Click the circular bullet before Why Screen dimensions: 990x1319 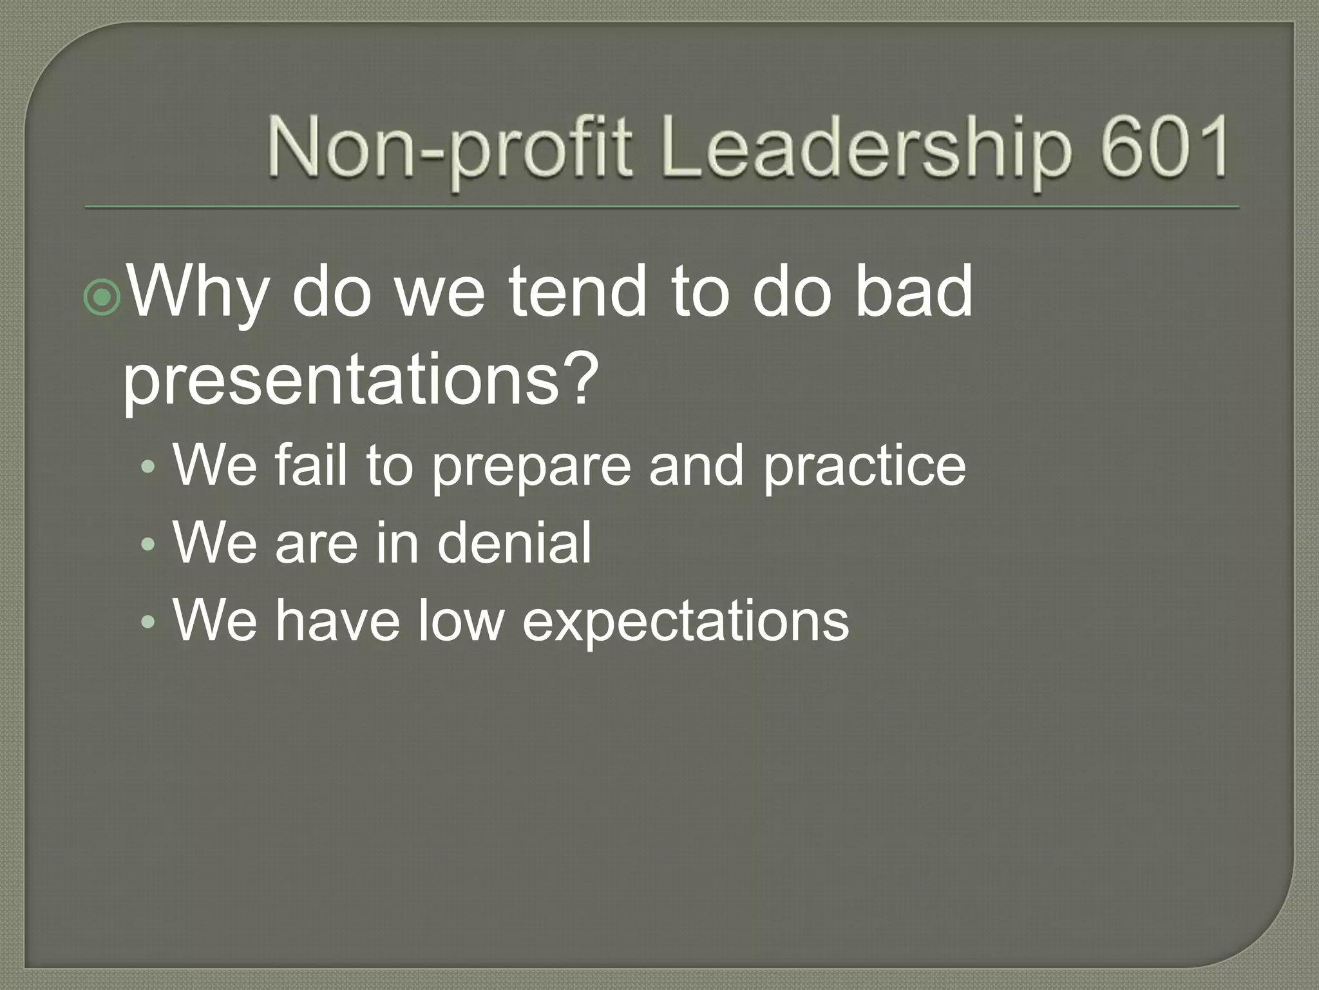(x=102, y=296)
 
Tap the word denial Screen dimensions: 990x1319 (x=513, y=543)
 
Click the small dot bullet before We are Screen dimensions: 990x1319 (x=148, y=545)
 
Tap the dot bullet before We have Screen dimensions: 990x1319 (x=148, y=623)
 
